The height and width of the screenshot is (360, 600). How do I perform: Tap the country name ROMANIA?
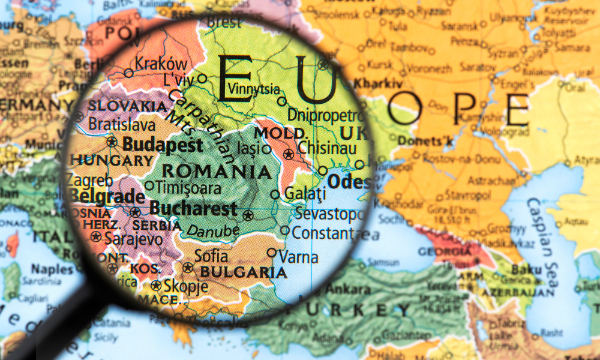coord(217,172)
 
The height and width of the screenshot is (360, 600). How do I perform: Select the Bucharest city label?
coord(193,209)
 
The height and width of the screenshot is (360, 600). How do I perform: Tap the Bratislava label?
coord(122,124)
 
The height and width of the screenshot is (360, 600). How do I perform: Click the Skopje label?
coord(186,286)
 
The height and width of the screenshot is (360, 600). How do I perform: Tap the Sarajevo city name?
coord(133,238)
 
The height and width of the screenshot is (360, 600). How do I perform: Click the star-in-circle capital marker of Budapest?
coord(111,142)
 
